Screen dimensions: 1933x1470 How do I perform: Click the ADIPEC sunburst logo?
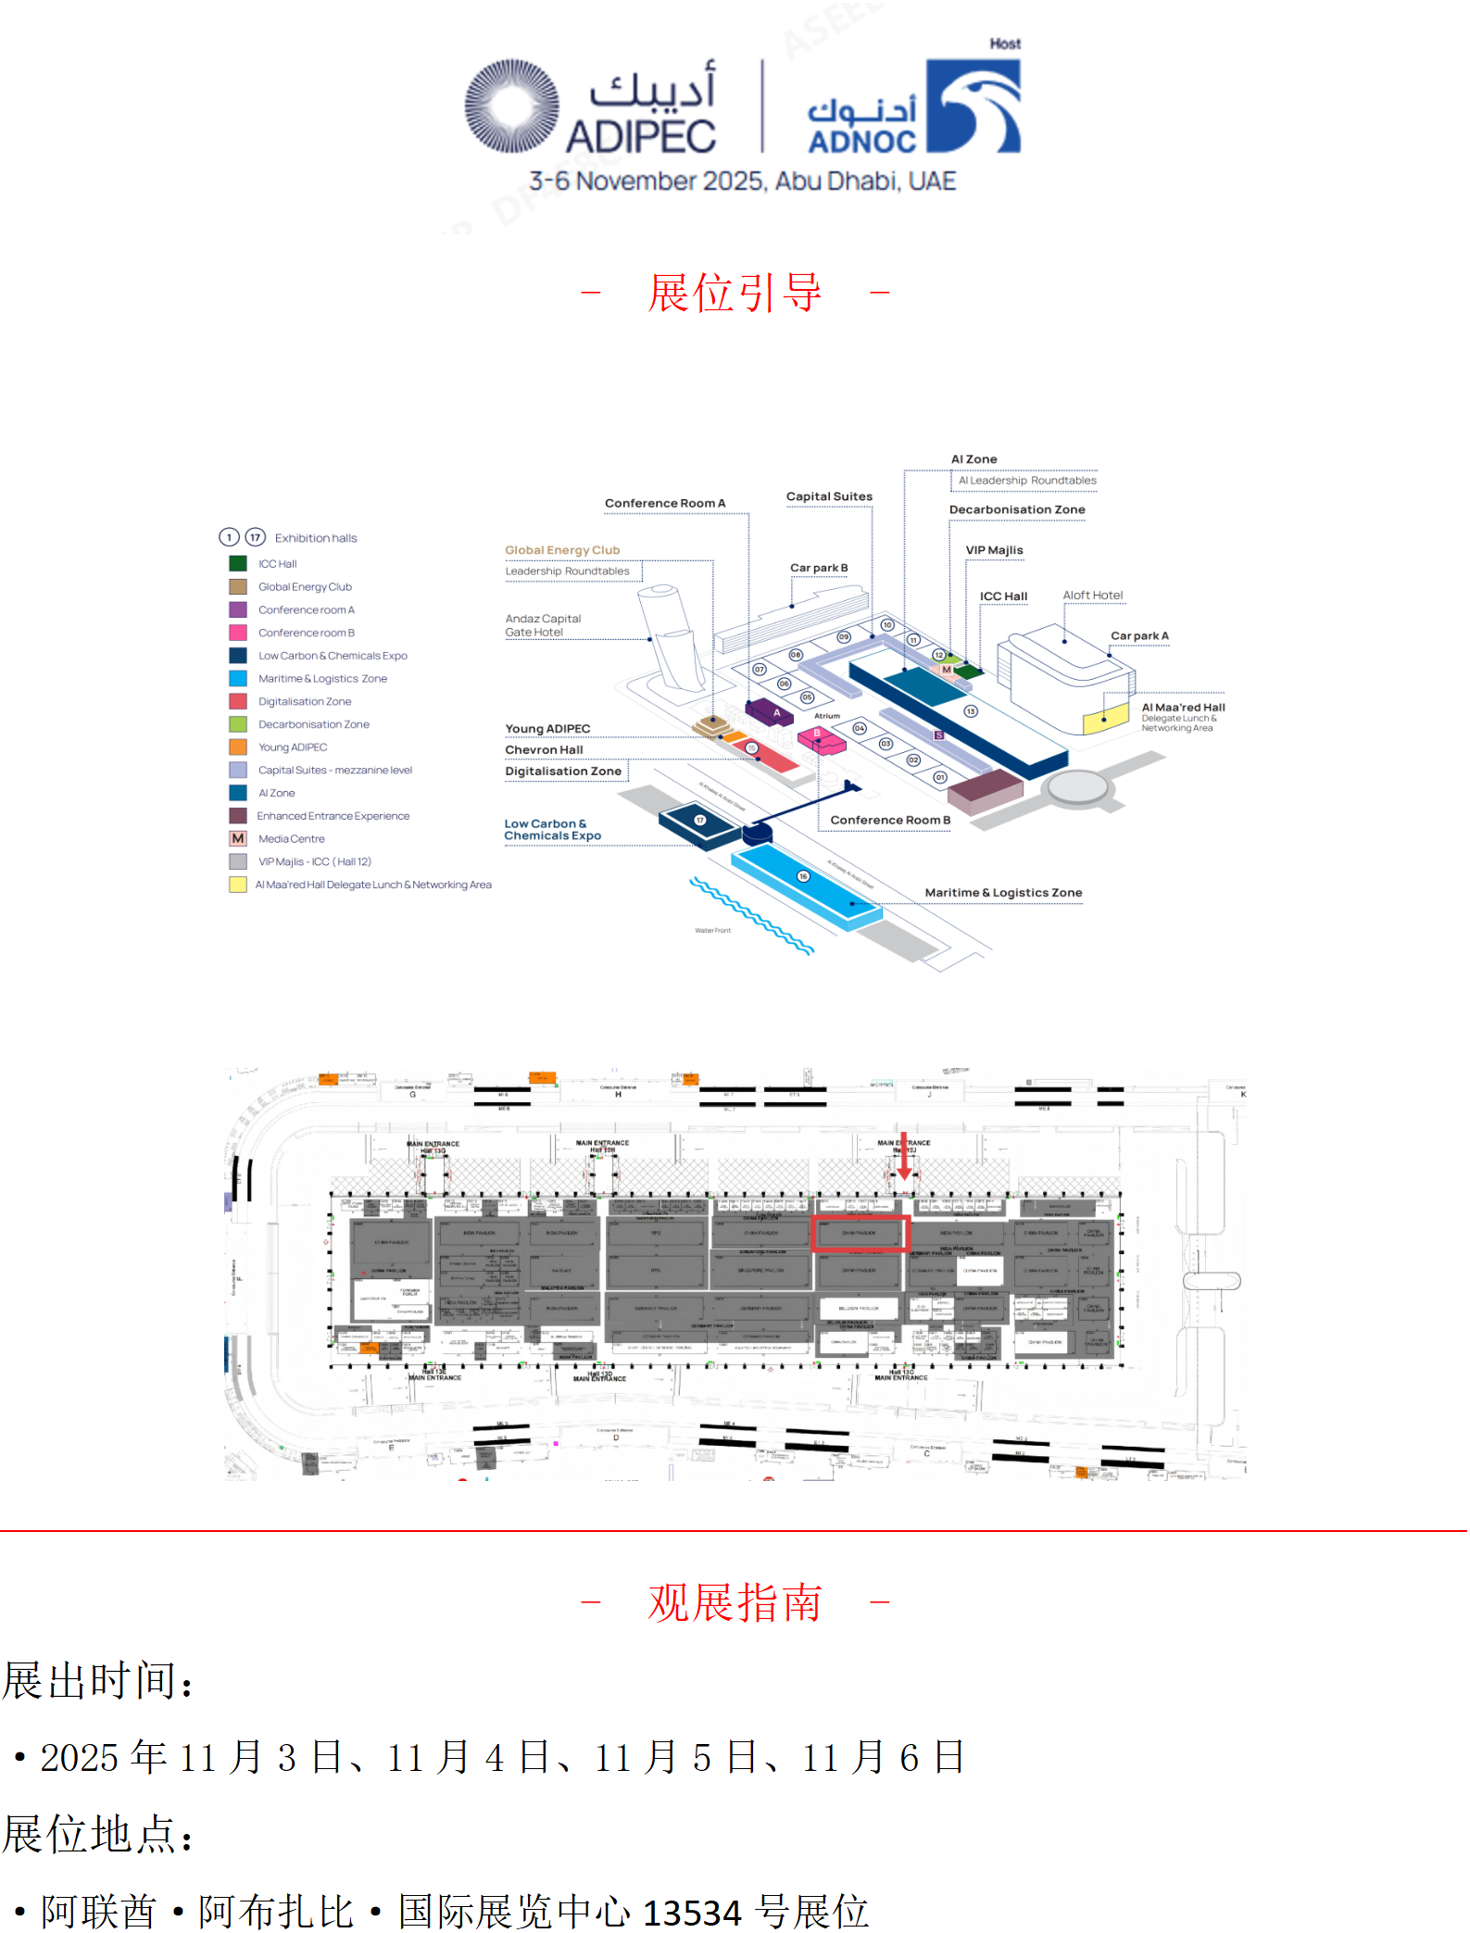(511, 106)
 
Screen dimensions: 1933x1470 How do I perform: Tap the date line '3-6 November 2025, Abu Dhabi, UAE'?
(742, 181)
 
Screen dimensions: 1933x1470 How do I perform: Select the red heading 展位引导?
(735, 293)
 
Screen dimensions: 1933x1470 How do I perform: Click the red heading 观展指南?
(735, 1602)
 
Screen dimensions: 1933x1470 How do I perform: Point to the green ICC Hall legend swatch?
(238, 563)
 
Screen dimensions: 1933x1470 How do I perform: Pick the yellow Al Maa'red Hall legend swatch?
(238, 885)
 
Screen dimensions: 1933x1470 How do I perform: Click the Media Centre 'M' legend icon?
(238, 838)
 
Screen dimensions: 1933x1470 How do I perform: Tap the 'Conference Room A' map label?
(665, 503)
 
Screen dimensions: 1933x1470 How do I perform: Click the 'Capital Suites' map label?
(829, 496)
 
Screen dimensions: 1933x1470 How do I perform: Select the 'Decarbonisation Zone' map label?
(1016, 509)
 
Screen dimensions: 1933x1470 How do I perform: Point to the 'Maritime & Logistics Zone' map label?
(1003, 893)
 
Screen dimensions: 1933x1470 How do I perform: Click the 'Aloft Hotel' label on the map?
(1092, 596)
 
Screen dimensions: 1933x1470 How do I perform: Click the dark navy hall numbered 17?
(700, 820)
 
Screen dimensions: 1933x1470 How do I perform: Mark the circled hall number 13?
(971, 711)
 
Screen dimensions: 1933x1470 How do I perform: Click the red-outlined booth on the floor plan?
(860, 1234)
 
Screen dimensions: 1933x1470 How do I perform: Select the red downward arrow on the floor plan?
(904, 1158)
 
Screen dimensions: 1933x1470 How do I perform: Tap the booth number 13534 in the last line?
(692, 1912)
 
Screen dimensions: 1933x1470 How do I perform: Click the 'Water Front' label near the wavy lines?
(712, 930)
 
